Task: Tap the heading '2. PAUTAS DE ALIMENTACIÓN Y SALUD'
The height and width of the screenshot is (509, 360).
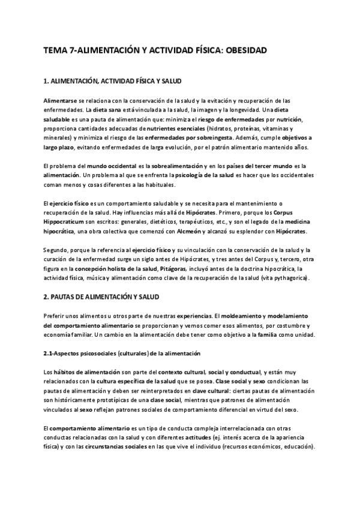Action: click(x=101, y=296)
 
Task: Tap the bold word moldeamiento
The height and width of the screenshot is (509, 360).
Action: click(x=245, y=316)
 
